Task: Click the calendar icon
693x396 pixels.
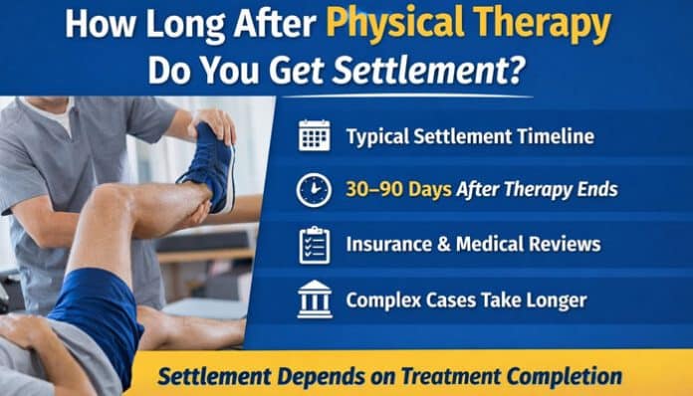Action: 314,135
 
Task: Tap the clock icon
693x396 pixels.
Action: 314,190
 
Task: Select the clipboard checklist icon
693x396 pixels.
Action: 315,245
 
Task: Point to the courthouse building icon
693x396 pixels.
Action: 315,299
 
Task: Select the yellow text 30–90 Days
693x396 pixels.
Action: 398,189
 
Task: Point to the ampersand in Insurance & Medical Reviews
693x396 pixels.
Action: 444,244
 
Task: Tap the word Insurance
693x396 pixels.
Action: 389,244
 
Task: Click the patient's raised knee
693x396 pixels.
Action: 108,200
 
